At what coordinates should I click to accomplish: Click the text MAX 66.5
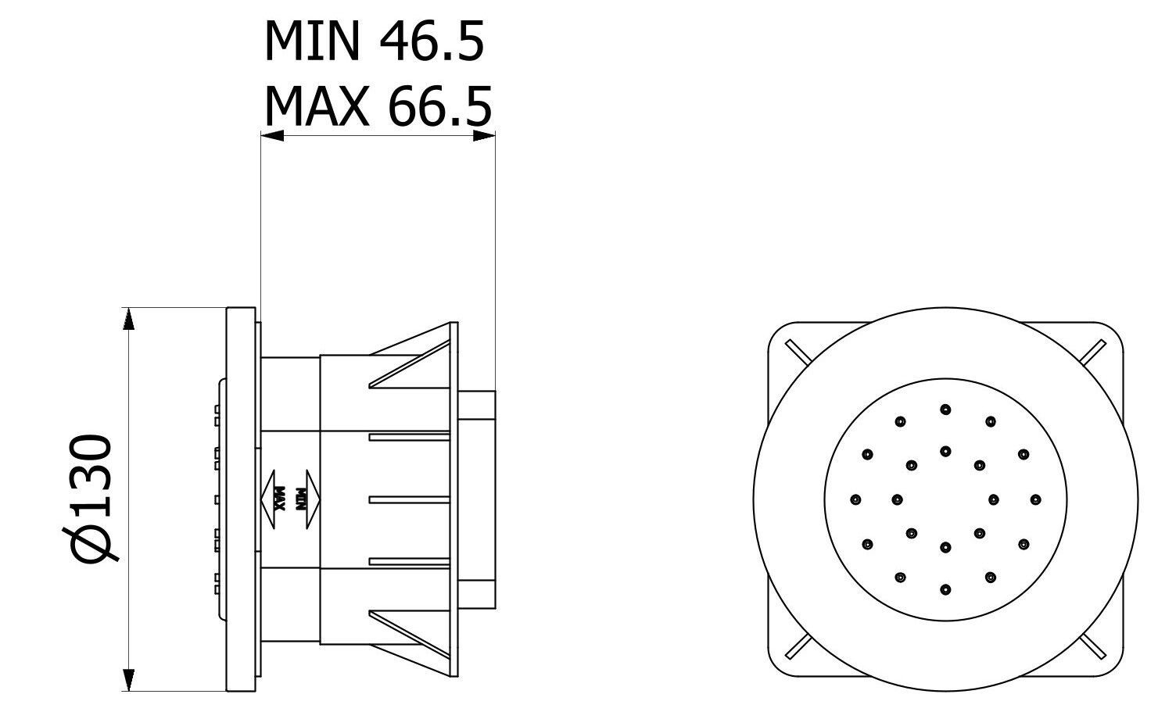click(x=378, y=107)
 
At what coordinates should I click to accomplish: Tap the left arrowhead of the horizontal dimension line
click(x=271, y=135)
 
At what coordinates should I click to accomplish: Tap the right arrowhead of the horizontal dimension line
click(x=485, y=135)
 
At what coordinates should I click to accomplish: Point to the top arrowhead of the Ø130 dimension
click(x=130, y=319)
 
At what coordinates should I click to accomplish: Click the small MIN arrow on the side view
click(x=308, y=498)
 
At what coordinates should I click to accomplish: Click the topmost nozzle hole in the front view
click(x=945, y=409)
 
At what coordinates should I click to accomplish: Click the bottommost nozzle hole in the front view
click(x=945, y=589)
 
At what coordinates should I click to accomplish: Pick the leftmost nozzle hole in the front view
click(x=855, y=499)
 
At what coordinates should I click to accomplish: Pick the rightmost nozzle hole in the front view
click(x=1036, y=499)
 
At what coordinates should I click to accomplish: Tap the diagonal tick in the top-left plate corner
click(x=798, y=352)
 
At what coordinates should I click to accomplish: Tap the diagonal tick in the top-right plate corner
click(x=1092, y=352)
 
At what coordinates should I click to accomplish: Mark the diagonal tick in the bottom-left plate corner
click(x=798, y=646)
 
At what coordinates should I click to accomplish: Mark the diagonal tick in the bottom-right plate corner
click(x=1092, y=646)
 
